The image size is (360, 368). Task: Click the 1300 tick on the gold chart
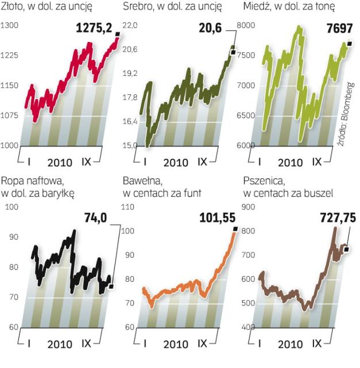tap(10, 26)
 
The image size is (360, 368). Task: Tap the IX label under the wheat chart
tap(317, 343)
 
